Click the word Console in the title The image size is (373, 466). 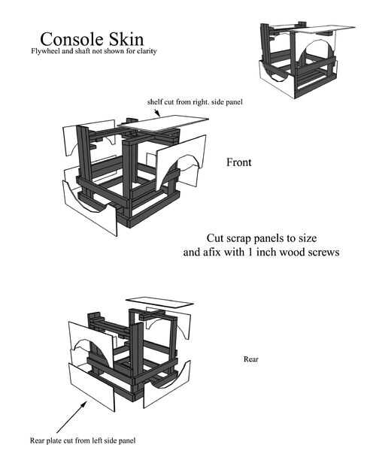(x=72, y=39)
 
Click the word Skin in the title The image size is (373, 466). (x=126, y=39)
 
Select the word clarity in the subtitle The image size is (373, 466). (x=147, y=51)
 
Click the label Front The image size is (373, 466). (x=239, y=162)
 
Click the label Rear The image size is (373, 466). (x=251, y=359)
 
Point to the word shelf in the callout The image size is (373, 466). (x=155, y=102)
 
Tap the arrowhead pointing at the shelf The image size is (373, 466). (x=158, y=113)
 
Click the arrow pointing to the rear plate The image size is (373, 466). (x=71, y=416)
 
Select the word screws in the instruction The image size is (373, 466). (x=323, y=253)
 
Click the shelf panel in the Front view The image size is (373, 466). (x=165, y=123)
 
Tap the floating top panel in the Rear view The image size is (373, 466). (x=159, y=302)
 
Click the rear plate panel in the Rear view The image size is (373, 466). (x=92, y=387)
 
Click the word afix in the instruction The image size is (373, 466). (x=213, y=253)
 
